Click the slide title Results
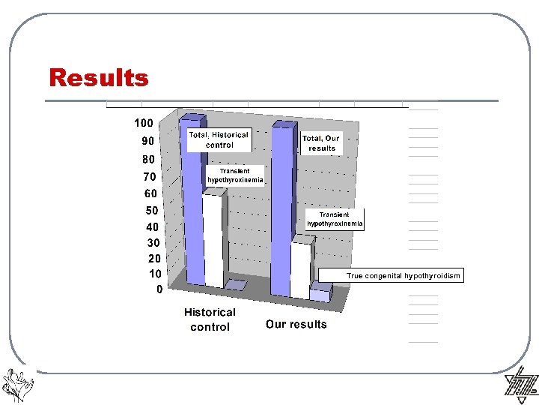99,78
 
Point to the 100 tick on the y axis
144,123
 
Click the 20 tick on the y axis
153,258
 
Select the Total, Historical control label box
219,140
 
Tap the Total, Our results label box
321,143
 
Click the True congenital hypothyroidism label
403,276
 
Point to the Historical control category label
210,319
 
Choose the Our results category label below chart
296,325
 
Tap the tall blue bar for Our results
281,210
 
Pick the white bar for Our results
300,270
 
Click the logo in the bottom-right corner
521,385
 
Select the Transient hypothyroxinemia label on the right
335,219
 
